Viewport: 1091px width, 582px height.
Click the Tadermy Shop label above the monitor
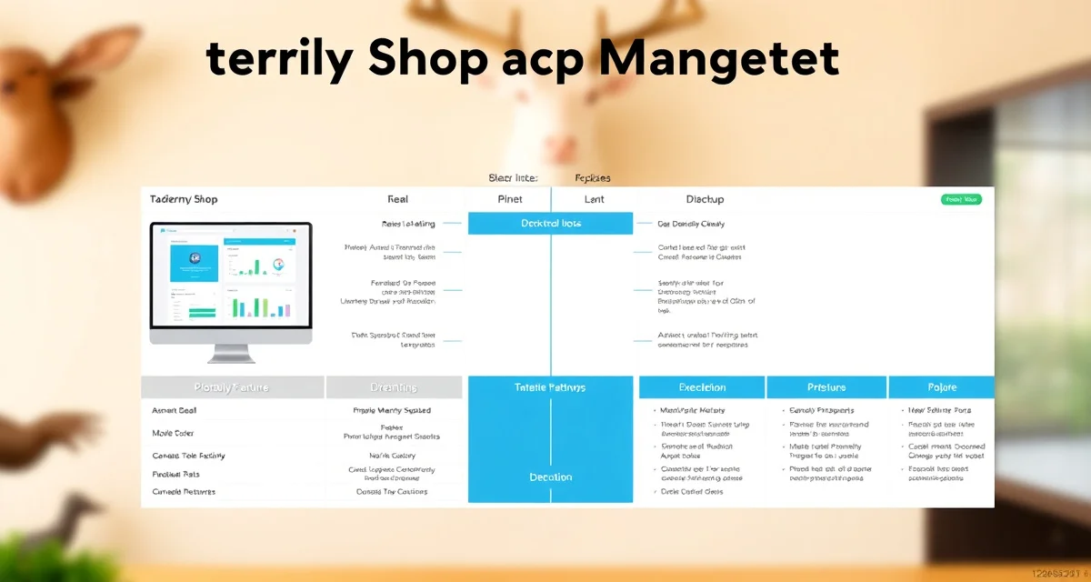pos(184,199)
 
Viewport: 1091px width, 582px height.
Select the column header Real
pos(397,199)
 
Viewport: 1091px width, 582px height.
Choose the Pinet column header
pos(510,199)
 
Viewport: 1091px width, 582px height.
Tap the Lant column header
pos(594,199)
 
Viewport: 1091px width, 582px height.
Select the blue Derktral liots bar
pos(550,224)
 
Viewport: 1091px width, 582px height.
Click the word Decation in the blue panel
pos(550,477)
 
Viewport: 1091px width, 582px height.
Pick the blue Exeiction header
pos(701,387)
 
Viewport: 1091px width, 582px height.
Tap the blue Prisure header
pos(826,387)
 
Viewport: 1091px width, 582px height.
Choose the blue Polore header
pos(941,387)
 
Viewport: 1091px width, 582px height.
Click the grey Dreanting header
pos(394,387)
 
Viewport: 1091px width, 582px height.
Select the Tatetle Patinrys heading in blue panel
pos(550,387)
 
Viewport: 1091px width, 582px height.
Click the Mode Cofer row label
pos(173,433)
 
